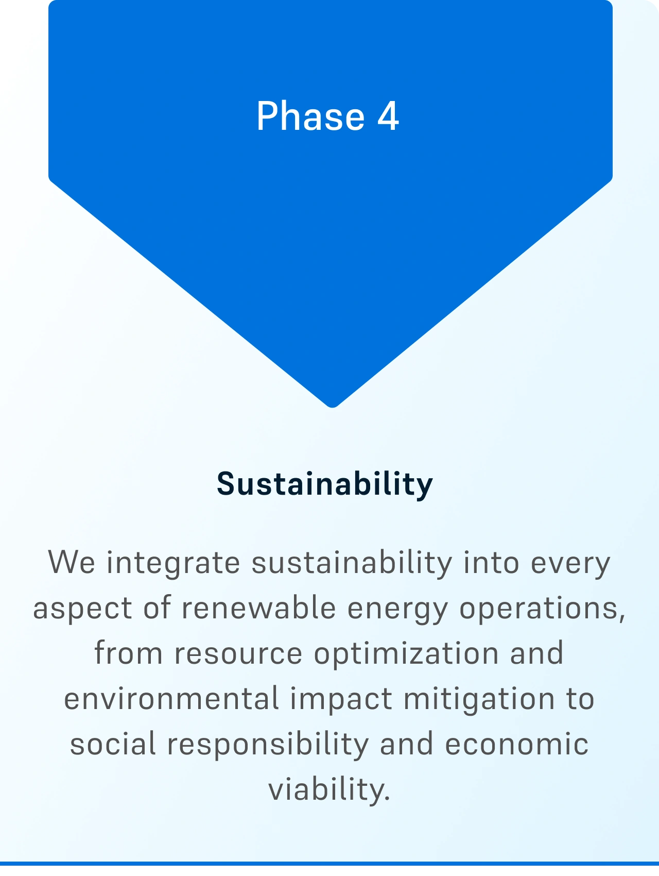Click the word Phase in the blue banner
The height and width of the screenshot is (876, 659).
(x=310, y=116)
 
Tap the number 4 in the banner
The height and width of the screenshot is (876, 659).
(x=388, y=116)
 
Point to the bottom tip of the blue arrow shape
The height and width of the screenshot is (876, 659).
(x=333, y=407)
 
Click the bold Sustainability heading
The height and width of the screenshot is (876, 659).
(x=325, y=484)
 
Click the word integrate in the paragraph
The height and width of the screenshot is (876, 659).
(x=173, y=563)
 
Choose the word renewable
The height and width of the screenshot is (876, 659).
(x=258, y=608)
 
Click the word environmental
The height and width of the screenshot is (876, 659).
(x=171, y=699)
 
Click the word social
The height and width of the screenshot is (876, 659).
(x=113, y=745)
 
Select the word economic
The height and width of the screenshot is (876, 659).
(x=516, y=745)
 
